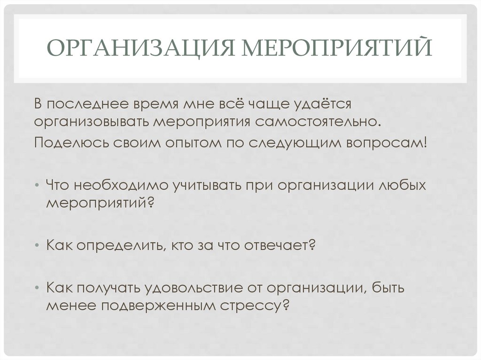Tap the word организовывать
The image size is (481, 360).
92,122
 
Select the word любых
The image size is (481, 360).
403,185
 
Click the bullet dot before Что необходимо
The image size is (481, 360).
37,185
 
